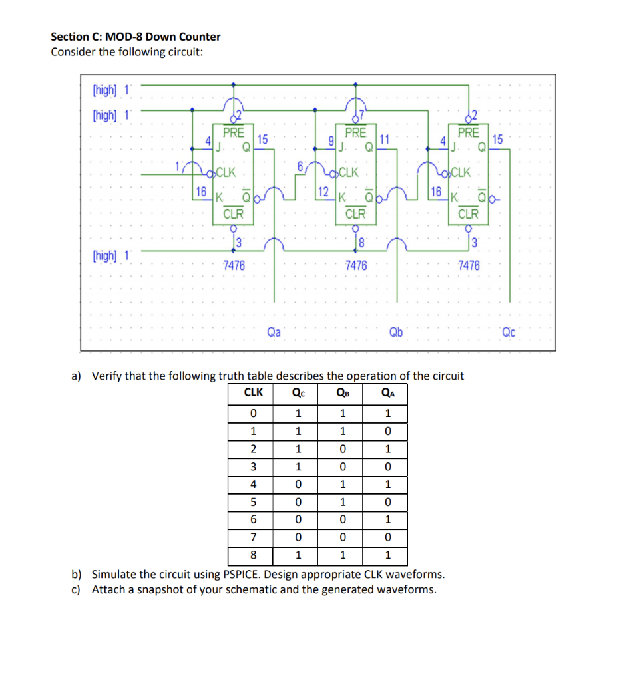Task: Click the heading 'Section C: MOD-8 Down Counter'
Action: pos(136,37)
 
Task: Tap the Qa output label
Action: pos(273,331)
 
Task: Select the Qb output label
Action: pos(395,331)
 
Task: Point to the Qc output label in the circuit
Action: pos(509,331)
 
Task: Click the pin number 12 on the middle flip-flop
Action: pos(323,192)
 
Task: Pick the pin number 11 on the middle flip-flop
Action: pos(384,139)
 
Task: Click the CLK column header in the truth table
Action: pos(254,392)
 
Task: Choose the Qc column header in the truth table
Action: pos(299,392)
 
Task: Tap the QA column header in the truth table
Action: pos(388,392)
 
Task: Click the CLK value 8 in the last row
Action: pos(253,555)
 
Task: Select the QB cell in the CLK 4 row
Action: pos(343,484)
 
